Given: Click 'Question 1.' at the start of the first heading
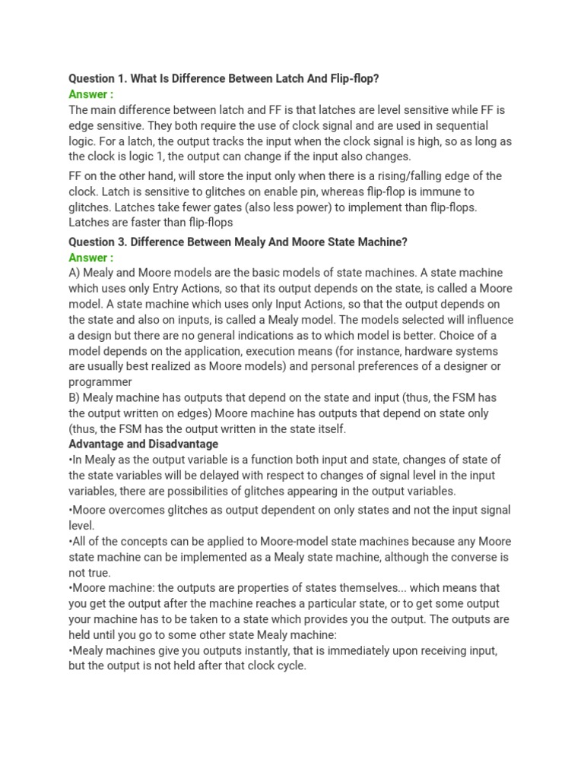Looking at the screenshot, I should (x=97, y=79).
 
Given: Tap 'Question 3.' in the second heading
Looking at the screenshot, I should (x=97, y=242).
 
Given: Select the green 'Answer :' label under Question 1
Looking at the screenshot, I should (x=91, y=94).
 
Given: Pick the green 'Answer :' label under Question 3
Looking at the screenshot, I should (x=91, y=258).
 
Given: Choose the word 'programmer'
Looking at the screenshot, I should (x=100, y=382).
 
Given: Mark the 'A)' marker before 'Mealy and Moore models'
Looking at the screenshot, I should (x=75, y=273).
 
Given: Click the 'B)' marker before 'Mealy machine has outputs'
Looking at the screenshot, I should (x=75, y=397).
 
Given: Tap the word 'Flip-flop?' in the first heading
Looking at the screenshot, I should (x=351, y=79).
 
